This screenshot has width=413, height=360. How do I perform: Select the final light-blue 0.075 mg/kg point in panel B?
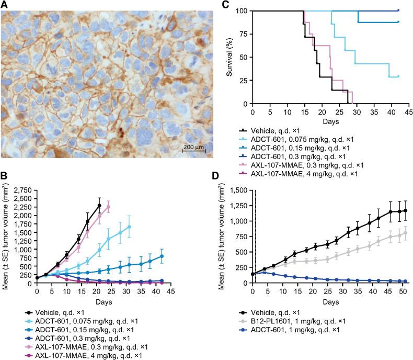point(129,227)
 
